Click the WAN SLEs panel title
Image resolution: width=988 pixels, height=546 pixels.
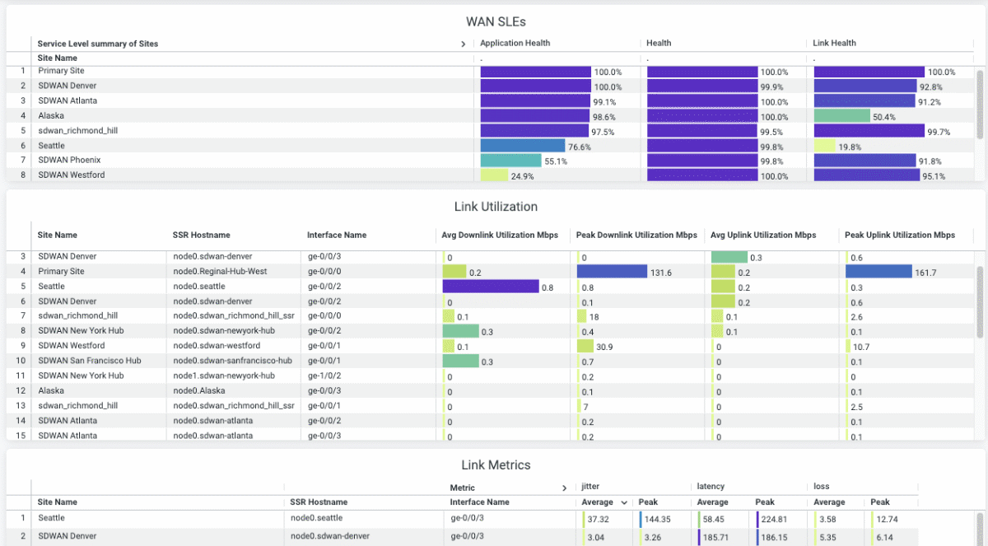coord(495,21)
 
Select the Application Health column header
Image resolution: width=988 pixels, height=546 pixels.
coord(515,43)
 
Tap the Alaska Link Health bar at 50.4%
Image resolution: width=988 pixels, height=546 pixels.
coord(841,116)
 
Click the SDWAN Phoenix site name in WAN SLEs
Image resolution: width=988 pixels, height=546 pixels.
coord(68,161)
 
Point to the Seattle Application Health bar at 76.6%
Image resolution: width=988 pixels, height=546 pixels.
coord(522,146)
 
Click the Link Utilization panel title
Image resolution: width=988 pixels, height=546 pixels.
coord(495,207)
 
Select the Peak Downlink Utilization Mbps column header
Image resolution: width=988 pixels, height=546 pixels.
coord(636,235)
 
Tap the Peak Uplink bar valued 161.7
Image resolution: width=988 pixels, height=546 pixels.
coord(878,272)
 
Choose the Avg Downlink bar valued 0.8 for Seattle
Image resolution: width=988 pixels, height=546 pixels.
coord(490,287)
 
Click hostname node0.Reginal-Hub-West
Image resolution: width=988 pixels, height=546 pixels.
coord(220,272)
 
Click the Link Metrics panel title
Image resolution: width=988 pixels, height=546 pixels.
coord(495,465)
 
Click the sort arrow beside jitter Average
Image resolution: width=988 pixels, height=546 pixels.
coord(623,502)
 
